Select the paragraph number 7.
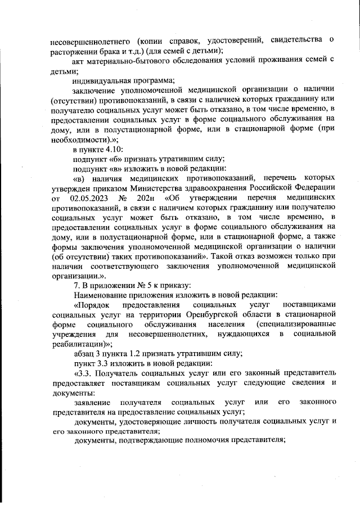point(75,284)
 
